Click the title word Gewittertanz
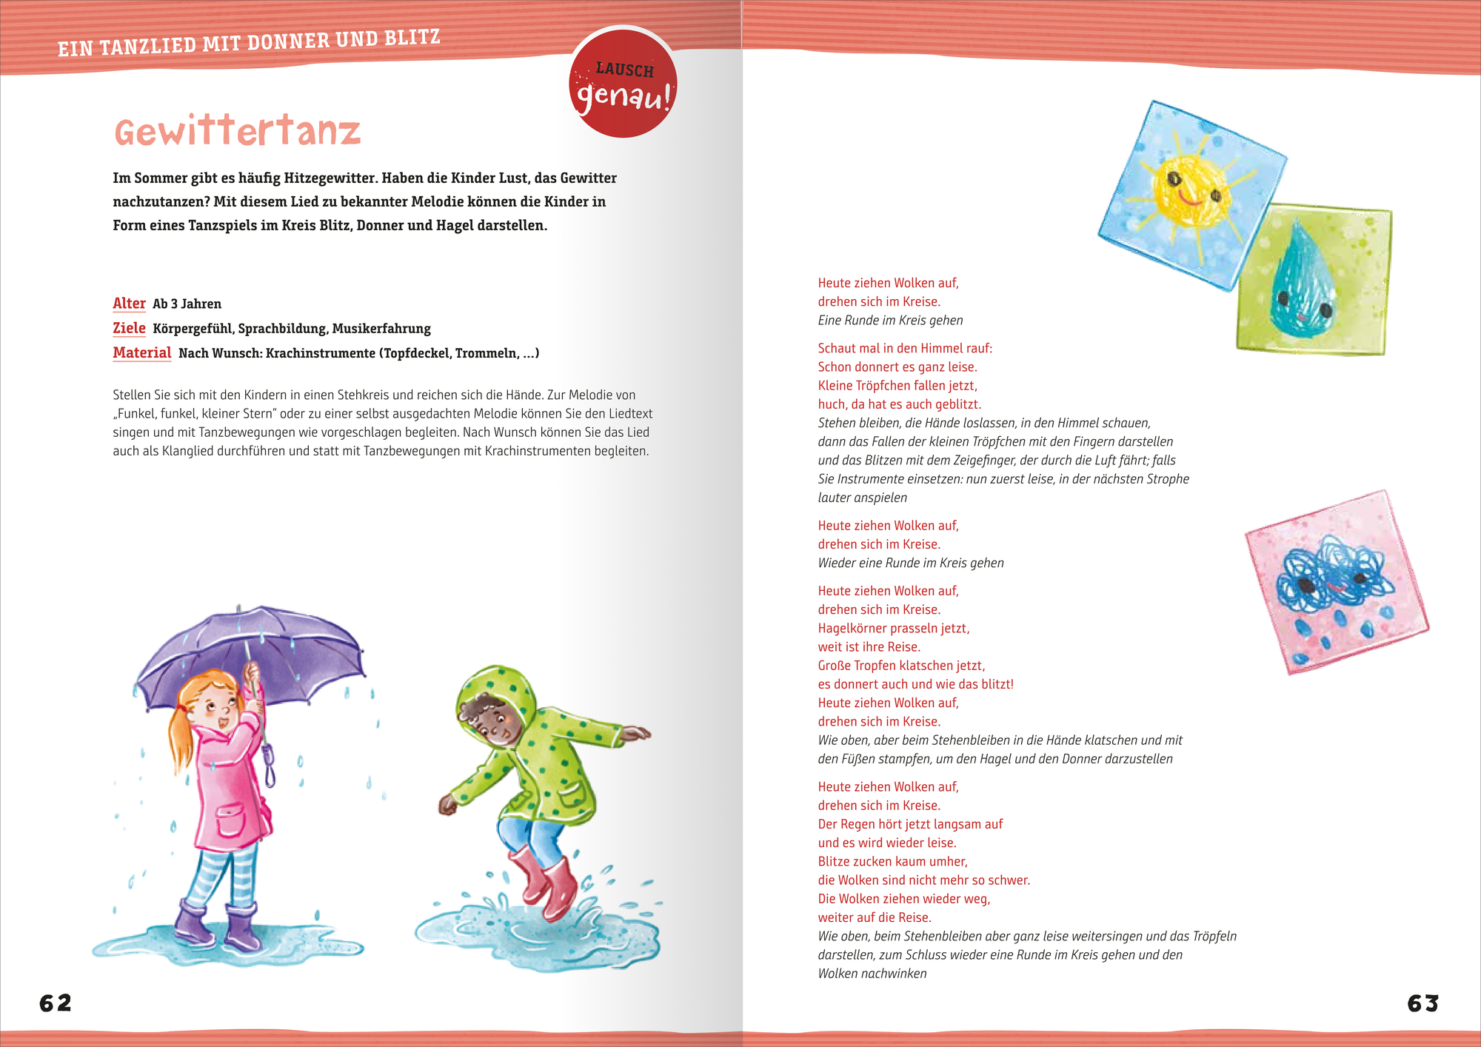237,132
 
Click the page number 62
56,1003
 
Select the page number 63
1423,1003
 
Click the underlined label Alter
129,304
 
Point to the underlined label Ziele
129,328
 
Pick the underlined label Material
141,353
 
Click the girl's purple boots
218,926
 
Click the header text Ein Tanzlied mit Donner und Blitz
249,43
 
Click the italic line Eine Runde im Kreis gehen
890,321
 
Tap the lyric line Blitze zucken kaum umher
892,862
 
